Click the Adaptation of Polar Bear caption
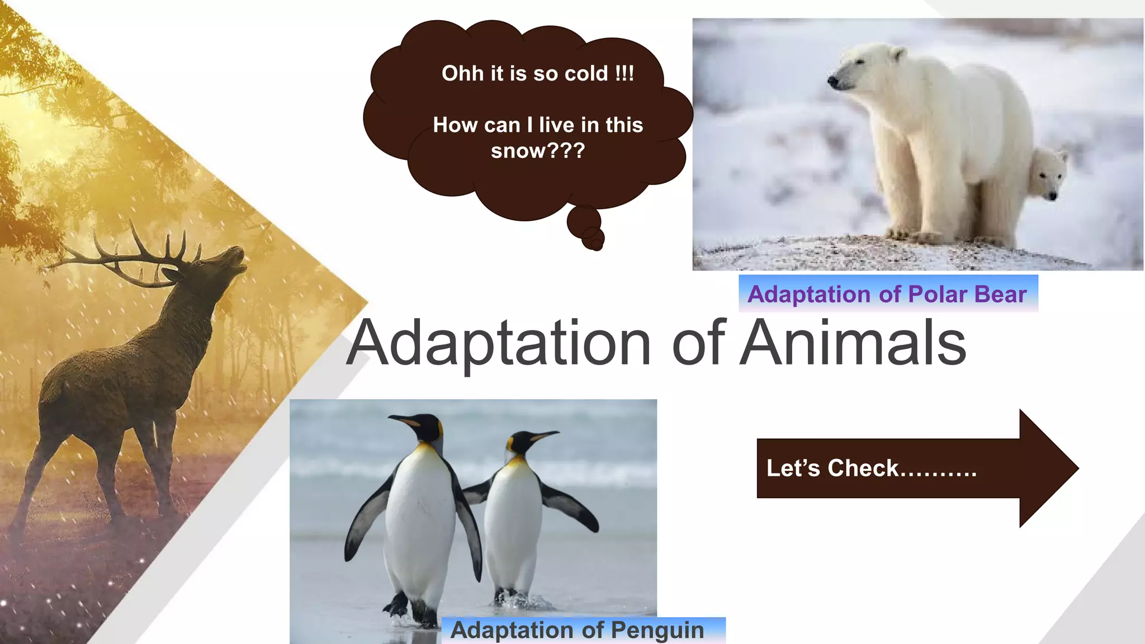tap(887, 294)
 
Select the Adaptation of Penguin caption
tap(577, 630)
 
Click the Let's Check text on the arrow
tap(870, 468)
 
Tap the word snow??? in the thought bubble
tap(538, 150)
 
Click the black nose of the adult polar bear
tap(833, 82)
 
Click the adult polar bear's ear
tap(898, 54)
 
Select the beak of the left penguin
tap(404, 420)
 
